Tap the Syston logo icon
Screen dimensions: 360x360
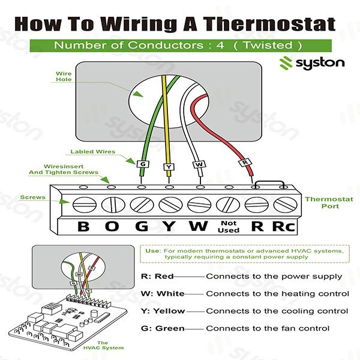[287, 63]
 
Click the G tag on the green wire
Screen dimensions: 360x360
[142, 164]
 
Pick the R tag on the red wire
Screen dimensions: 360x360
[244, 163]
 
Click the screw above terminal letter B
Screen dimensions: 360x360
[83, 205]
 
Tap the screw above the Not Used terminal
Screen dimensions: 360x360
[227, 205]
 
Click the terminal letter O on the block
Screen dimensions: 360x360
[112, 227]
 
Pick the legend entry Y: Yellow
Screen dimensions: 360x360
[161, 311]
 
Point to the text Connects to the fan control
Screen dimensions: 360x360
[268, 329]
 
